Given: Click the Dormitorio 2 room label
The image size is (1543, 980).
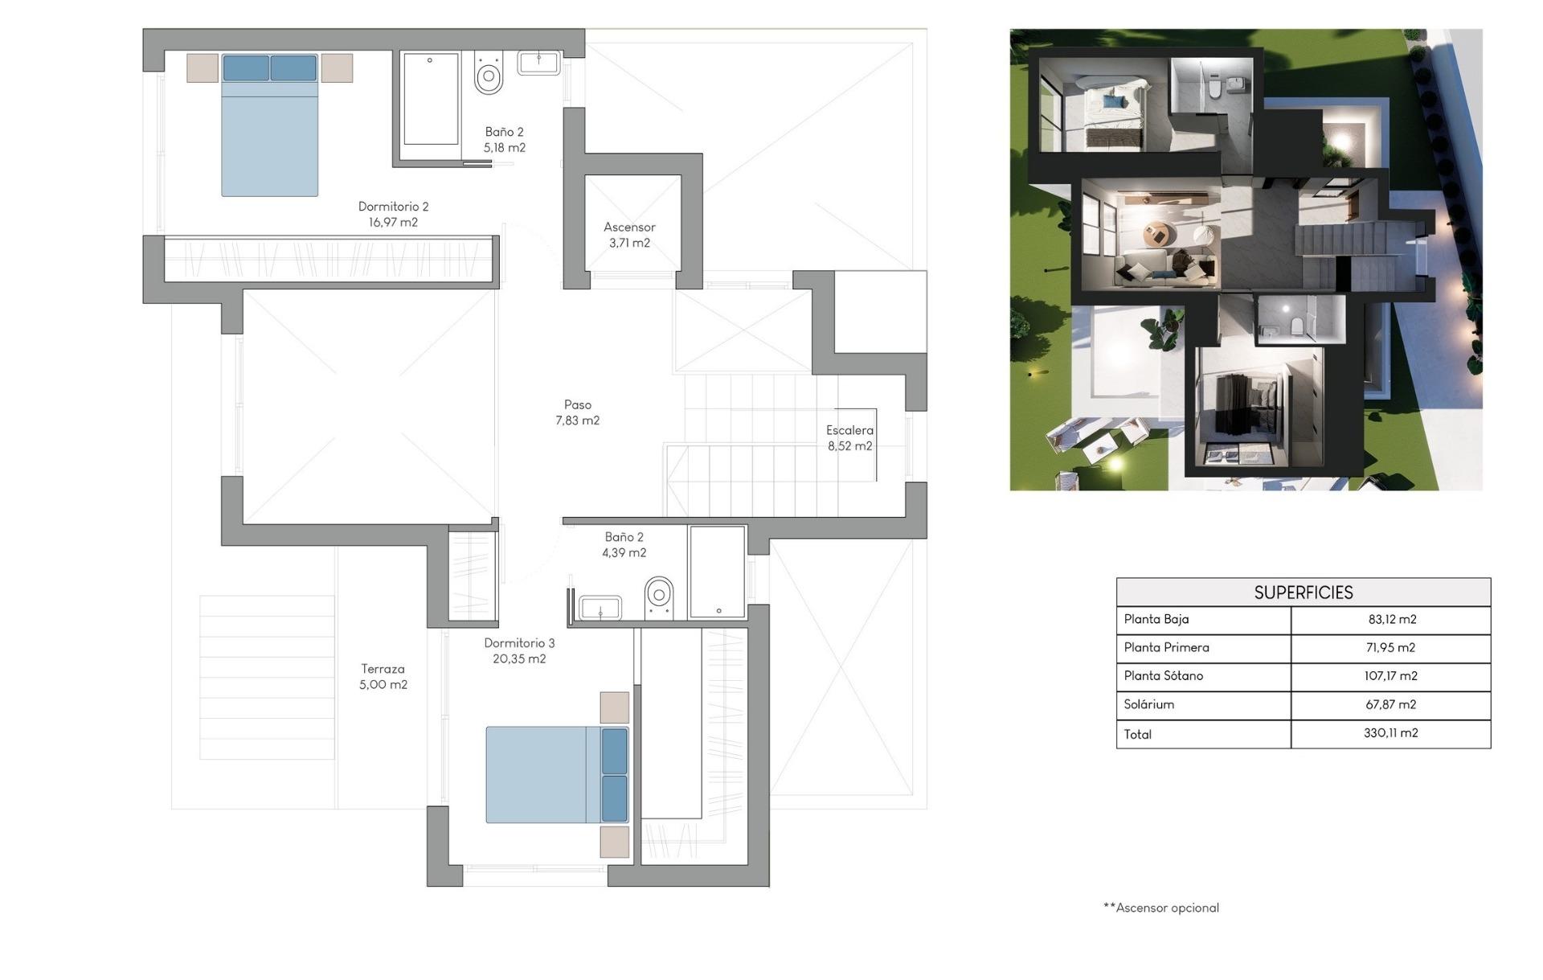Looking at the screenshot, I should coord(393,215).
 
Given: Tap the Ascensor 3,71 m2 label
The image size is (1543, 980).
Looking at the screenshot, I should coord(629,235).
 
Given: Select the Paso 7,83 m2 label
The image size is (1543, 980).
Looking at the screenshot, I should coord(577,412).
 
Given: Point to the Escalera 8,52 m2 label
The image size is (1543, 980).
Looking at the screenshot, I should coord(849,438).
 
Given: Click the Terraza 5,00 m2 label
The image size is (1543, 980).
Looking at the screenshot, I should coord(383,676).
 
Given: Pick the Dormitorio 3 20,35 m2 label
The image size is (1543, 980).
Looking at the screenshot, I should coord(519,650).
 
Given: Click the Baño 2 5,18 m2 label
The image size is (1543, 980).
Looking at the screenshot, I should coord(504,139).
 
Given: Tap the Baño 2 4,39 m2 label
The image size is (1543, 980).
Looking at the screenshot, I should coord(624,544).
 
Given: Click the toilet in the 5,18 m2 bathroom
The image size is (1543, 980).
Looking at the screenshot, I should coord(489,74).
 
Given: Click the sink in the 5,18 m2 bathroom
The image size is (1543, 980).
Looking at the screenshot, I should coord(538,63).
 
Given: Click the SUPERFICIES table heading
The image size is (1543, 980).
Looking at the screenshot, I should coord(1303,593).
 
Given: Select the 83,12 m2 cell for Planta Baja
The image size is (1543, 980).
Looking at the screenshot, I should coord(1391,620).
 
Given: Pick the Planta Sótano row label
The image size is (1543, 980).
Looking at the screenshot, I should coord(1163,676).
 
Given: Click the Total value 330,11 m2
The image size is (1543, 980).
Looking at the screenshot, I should coord(1390,733).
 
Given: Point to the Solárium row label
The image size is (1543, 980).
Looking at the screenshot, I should coord(1148,704).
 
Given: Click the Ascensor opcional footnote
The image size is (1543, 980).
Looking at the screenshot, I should coord(1161,908).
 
